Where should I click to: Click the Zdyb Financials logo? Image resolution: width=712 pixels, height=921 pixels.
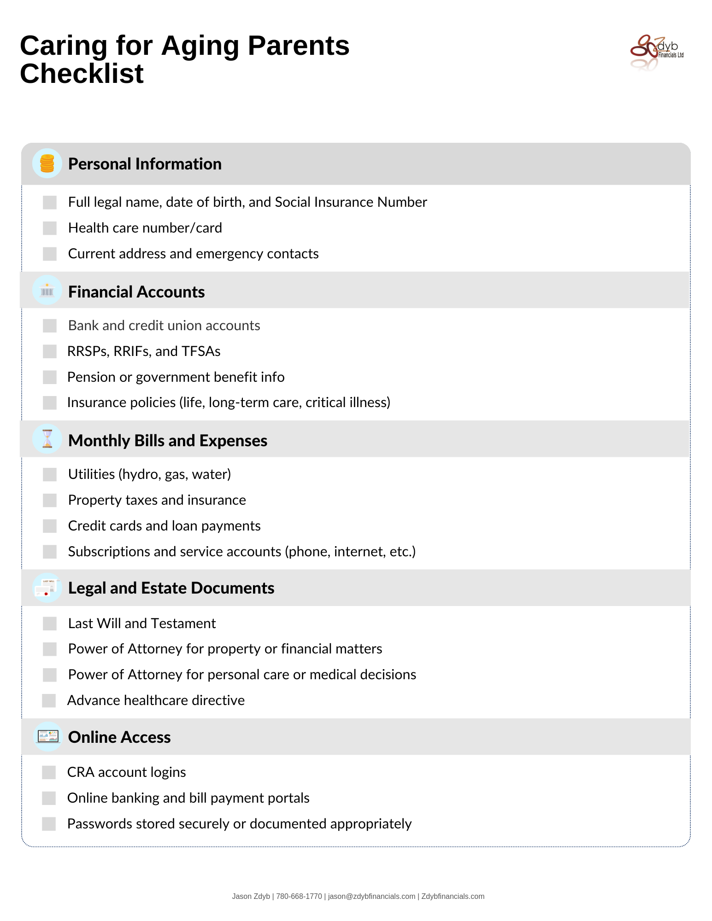656,52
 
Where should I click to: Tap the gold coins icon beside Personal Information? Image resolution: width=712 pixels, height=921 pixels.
47,163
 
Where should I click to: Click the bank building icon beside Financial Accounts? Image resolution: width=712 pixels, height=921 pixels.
47,291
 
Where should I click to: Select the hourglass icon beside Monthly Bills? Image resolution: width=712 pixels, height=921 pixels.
47,439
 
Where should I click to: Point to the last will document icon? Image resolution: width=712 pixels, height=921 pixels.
47,588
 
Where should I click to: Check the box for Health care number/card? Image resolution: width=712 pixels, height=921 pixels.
50,228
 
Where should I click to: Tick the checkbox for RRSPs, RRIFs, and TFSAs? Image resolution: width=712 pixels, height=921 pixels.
50,351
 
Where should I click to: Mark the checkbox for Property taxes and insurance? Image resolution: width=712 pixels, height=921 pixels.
50,500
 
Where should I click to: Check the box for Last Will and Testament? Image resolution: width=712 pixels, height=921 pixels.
50,624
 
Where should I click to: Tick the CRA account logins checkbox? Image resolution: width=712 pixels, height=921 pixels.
49,772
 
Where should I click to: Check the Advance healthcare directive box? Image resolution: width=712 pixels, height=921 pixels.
49,700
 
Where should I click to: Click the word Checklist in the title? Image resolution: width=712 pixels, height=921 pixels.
82,74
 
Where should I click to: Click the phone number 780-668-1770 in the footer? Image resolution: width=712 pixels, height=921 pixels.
299,896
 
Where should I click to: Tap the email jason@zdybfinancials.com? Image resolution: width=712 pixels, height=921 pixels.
371,896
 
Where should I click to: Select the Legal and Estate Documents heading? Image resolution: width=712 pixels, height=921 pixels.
171,588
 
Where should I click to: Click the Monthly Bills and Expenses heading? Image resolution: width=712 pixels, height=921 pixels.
168,441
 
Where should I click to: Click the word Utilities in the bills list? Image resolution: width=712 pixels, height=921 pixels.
91,474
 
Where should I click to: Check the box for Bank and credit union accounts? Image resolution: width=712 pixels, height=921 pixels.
50,326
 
